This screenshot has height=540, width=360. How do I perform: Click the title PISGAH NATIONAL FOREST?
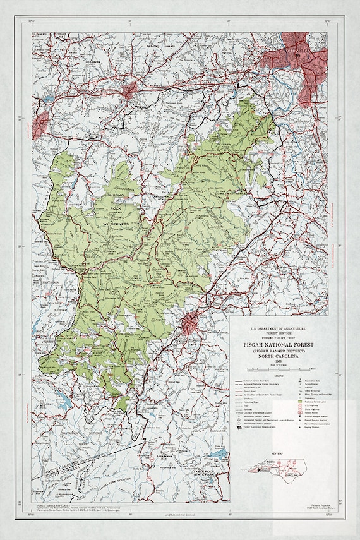click(278, 344)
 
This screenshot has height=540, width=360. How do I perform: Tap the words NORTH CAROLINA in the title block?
click(278, 357)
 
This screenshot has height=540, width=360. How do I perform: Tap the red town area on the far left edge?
click(41, 125)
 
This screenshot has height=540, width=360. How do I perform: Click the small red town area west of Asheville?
click(131, 88)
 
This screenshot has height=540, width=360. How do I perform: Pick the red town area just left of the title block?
click(191, 325)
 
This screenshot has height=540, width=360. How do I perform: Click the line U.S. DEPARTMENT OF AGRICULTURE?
click(278, 328)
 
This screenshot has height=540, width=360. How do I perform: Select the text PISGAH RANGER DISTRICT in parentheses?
click(278, 351)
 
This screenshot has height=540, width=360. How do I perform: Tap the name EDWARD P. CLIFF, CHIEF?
click(278, 337)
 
